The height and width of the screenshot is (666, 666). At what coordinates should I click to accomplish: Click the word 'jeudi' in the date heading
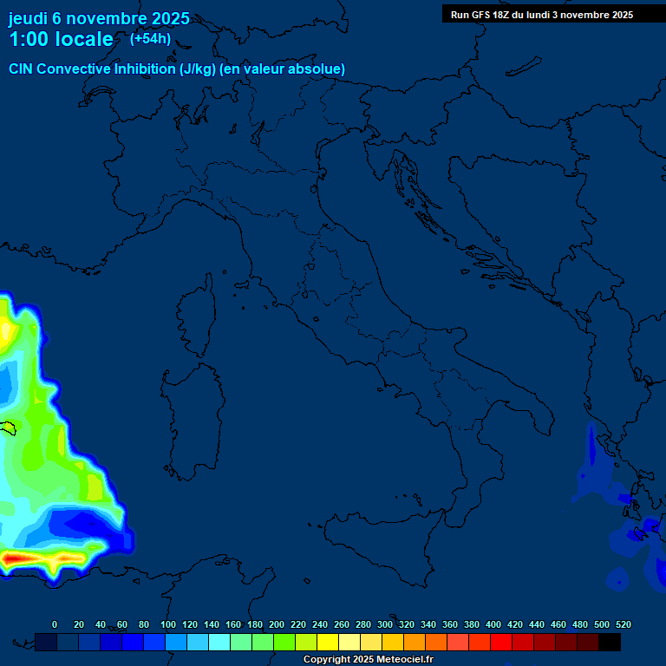[28, 18]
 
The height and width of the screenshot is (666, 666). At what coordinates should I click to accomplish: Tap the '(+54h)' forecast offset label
[150, 39]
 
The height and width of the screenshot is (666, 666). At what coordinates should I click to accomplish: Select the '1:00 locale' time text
[61, 40]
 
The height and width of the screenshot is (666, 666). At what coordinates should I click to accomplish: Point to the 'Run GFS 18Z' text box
[541, 15]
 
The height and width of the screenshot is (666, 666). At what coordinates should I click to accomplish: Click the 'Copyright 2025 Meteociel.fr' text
[368, 660]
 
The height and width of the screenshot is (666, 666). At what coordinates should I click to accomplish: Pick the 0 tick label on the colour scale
[55, 624]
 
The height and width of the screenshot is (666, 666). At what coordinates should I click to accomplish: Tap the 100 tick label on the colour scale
[168, 624]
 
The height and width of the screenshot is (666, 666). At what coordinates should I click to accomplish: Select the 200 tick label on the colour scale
[277, 624]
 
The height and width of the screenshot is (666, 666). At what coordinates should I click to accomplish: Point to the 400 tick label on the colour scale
[493, 624]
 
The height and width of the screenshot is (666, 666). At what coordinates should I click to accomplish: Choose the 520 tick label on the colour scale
[623, 624]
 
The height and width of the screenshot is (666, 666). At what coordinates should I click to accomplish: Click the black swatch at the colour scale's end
[610, 642]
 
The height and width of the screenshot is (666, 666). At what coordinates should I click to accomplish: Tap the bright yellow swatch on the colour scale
[328, 642]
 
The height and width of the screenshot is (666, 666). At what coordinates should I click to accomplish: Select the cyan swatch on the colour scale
[219, 642]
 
